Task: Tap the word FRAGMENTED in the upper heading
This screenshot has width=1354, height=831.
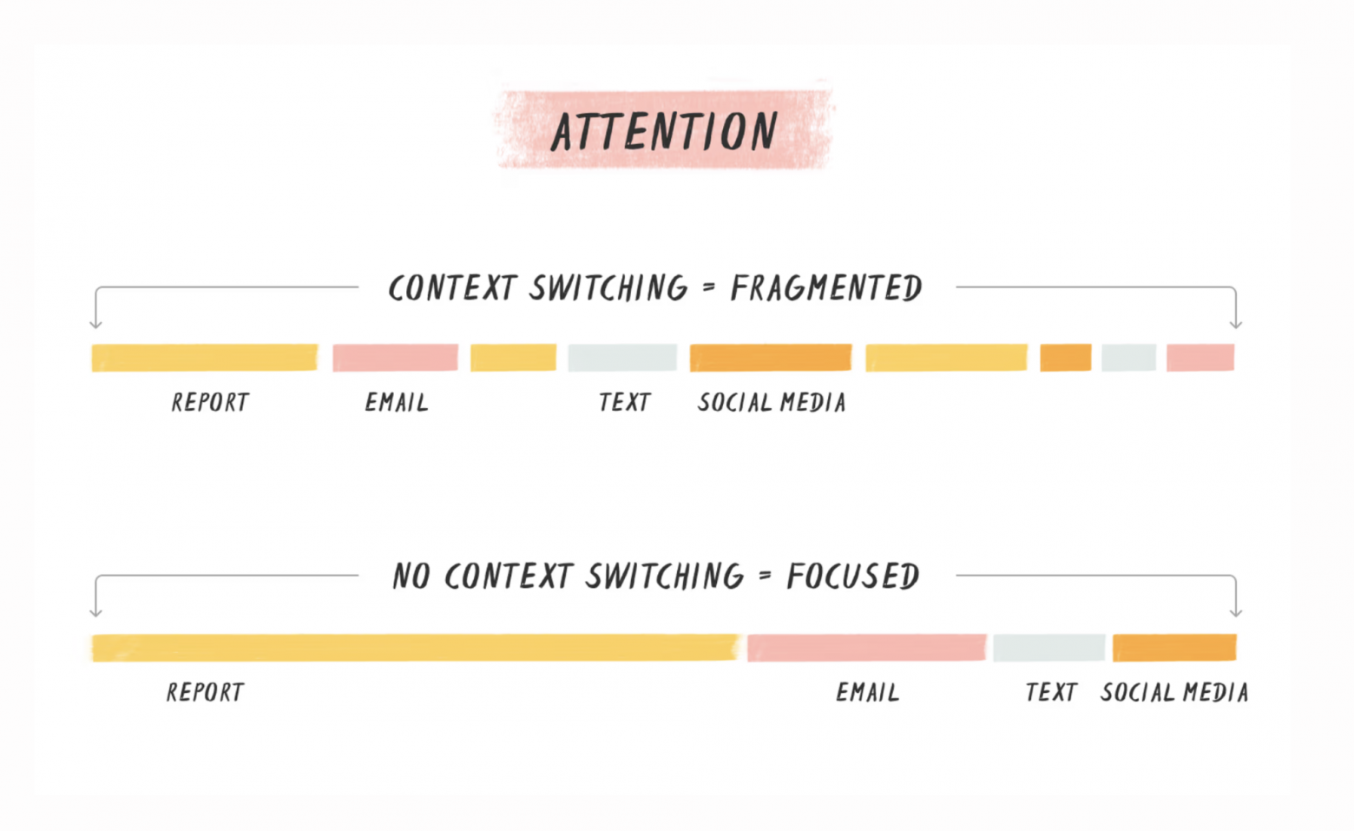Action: tap(826, 288)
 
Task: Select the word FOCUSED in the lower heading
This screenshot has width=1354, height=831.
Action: tap(853, 576)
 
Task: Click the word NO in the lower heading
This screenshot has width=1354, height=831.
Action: tap(411, 576)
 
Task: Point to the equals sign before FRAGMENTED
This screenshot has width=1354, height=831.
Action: tap(709, 287)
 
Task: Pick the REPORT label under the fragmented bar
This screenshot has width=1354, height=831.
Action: tap(210, 402)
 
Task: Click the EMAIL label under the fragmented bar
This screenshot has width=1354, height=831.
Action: tap(397, 402)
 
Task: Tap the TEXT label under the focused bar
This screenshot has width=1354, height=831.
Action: tap(1051, 692)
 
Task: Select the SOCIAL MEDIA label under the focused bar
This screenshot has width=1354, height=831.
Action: tap(1174, 692)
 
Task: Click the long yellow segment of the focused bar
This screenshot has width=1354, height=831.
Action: tap(416, 648)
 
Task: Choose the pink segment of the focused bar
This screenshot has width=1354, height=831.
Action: tap(867, 648)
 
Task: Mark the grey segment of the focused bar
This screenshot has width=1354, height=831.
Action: tap(1049, 648)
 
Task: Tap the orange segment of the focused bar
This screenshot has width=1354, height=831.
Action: tap(1174, 648)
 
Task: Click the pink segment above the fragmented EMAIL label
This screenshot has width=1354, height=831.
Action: tap(395, 358)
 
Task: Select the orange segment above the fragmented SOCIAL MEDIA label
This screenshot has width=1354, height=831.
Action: tap(771, 358)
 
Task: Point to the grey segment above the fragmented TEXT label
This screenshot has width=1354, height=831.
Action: tap(622, 358)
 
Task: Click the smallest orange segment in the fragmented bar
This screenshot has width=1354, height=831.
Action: tap(1066, 358)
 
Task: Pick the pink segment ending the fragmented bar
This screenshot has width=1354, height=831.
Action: tap(1200, 358)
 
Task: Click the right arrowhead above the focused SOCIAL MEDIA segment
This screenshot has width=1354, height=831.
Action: tap(1236, 613)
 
